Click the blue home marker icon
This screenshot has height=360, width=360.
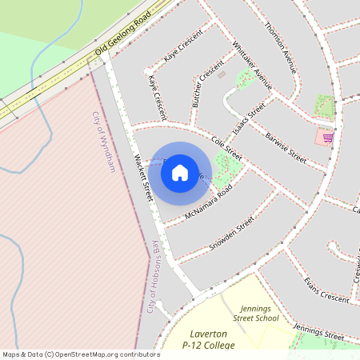[x=180, y=173]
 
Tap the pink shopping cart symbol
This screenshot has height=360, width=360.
[x=327, y=138]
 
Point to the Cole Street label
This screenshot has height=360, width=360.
[x=226, y=144]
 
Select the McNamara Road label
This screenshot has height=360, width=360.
[x=208, y=204]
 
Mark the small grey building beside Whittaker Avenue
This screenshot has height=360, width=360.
[x=222, y=75]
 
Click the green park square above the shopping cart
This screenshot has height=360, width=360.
[x=325, y=106]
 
